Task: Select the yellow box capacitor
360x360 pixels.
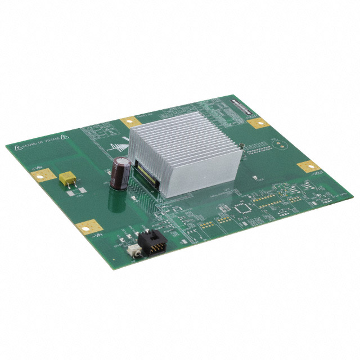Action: point(68,178)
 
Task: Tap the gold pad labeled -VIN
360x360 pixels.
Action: point(89,227)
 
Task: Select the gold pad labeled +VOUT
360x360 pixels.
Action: point(258,122)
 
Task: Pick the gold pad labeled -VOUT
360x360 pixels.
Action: point(309,166)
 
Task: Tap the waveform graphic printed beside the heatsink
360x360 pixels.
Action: point(119,147)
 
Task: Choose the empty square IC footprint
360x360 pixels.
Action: point(244,208)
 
